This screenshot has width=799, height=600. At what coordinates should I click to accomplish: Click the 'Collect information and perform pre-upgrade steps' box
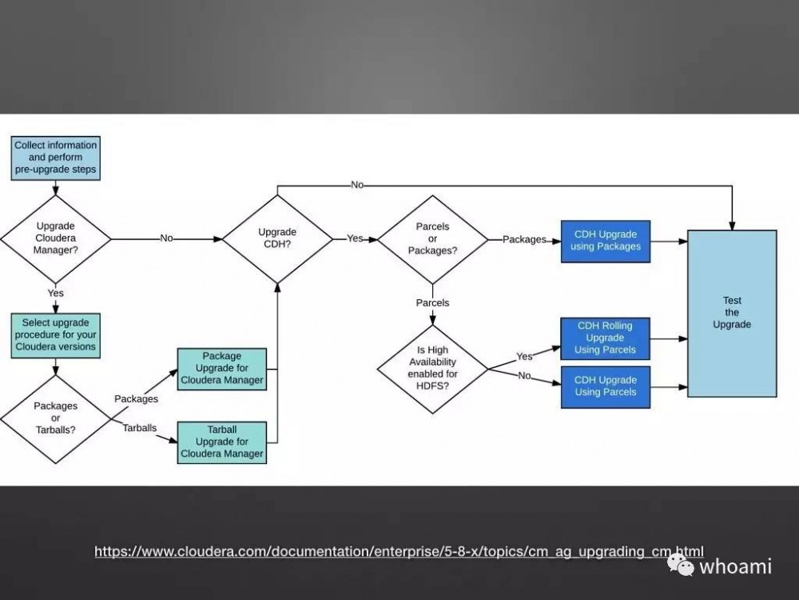coord(56,158)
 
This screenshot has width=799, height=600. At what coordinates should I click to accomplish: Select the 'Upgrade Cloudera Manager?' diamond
coord(56,238)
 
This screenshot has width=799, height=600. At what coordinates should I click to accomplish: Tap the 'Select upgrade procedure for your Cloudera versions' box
coord(56,334)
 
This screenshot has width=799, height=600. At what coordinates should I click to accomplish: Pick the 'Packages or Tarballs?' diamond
coord(56,418)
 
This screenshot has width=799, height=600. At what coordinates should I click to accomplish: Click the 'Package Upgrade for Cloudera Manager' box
coord(221,368)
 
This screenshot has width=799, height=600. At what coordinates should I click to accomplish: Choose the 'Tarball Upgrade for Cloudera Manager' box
coord(221,442)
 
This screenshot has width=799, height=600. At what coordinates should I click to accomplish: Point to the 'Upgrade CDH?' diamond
coord(277,238)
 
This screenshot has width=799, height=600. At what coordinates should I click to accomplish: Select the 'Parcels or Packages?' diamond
coord(432,238)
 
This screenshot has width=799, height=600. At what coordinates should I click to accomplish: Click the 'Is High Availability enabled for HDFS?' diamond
coord(432,369)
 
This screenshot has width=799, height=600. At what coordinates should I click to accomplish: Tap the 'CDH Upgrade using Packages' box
coord(606,241)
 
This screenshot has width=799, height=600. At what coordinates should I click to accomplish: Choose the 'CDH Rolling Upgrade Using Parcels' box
coord(606,338)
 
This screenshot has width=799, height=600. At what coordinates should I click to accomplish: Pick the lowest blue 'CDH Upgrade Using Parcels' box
coord(606,386)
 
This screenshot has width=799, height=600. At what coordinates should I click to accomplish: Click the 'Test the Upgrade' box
coord(732,313)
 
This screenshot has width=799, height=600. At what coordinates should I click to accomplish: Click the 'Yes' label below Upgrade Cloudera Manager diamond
coord(55,293)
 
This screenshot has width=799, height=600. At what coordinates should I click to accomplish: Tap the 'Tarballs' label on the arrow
coord(140,428)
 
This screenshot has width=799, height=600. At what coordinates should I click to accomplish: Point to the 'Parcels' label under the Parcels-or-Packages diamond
coord(432,302)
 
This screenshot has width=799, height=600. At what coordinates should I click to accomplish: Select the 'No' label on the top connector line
coord(357,185)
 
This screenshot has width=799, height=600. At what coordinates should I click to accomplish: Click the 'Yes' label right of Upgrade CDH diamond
coord(355,238)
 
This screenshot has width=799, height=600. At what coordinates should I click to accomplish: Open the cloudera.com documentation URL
coord(399,551)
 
